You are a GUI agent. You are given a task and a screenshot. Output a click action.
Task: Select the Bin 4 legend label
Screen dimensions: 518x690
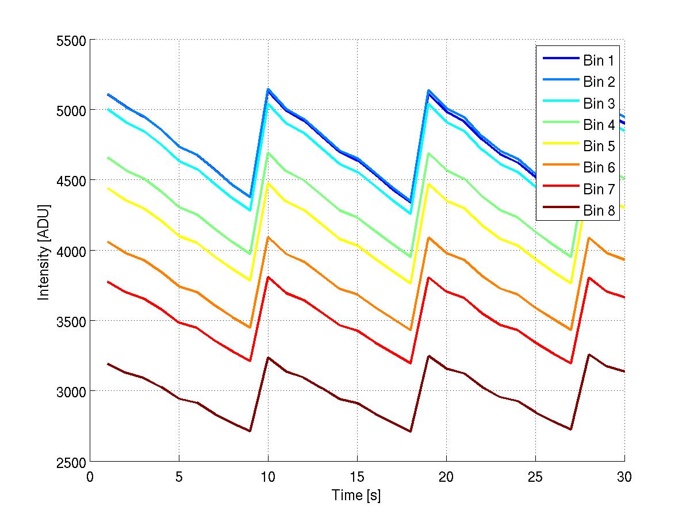point(599,124)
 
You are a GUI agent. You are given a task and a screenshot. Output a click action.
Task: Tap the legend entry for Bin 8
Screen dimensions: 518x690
point(599,211)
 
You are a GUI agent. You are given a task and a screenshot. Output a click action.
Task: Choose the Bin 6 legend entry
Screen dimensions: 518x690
point(599,168)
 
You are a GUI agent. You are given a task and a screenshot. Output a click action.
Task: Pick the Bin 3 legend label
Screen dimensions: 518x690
point(599,103)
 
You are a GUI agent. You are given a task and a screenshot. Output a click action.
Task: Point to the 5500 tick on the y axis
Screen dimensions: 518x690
point(71,40)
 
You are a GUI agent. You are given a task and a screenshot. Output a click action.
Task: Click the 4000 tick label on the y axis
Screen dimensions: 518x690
point(71,251)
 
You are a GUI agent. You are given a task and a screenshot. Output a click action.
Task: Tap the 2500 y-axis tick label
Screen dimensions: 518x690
point(71,462)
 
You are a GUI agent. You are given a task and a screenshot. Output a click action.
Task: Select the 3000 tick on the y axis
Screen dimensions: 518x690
point(71,392)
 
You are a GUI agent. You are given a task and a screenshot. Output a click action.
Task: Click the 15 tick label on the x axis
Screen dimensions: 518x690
point(357,477)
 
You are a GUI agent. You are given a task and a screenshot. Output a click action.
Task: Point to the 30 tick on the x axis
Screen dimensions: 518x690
point(624,477)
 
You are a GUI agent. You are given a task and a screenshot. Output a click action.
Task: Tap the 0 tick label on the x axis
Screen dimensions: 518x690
point(90,477)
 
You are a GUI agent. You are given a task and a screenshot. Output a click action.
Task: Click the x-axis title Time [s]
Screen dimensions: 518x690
point(356,495)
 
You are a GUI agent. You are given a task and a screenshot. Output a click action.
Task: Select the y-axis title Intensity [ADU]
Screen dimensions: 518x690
point(44,251)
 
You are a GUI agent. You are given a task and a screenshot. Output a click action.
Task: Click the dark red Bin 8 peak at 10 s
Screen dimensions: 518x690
point(268,358)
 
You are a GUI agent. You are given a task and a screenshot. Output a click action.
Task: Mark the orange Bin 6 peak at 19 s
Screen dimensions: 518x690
point(428,237)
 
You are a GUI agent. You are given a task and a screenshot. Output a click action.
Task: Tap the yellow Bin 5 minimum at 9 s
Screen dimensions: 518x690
point(250,281)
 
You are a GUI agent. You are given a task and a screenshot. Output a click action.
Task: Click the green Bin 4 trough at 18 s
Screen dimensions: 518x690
point(411,257)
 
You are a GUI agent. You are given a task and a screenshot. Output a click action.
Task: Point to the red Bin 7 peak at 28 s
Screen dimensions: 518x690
point(589,278)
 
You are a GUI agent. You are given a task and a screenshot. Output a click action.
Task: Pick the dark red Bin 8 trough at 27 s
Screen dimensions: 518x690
point(571,429)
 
